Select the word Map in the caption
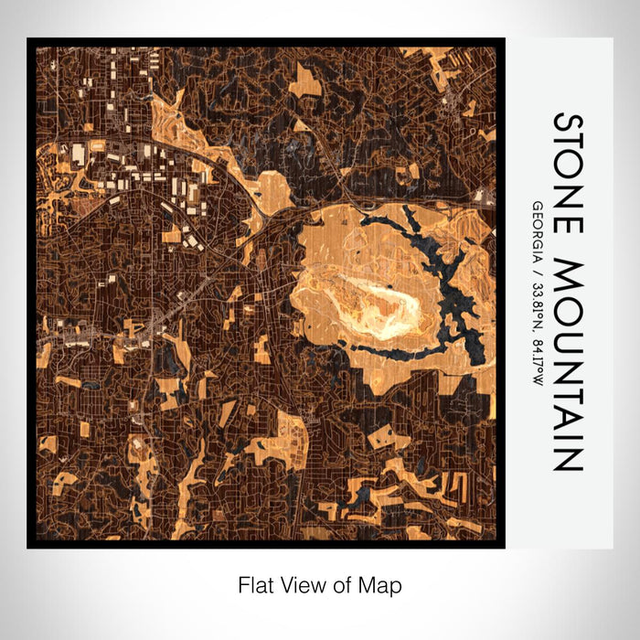[x=382, y=584]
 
